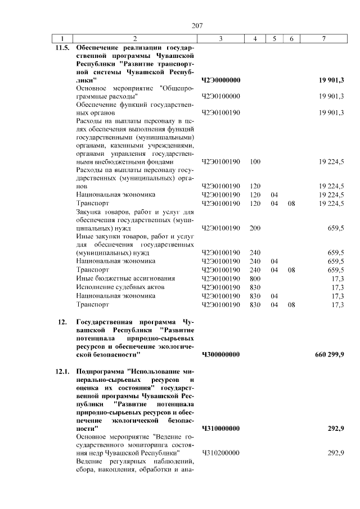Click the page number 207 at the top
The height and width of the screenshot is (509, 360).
[197, 25]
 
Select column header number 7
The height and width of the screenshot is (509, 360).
[323, 38]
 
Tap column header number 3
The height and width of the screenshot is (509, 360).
[220, 38]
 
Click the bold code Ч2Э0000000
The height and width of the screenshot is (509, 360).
[220, 80]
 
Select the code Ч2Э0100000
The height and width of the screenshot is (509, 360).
[220, 96]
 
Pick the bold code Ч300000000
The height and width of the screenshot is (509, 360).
[220, 354]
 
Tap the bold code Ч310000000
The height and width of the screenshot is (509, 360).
[220, 429]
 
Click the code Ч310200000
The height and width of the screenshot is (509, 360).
[220, 453]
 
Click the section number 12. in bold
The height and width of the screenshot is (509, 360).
[62, 322]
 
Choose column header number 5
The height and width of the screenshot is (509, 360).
[274, 38]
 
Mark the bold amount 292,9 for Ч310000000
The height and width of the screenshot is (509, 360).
[335, 429]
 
